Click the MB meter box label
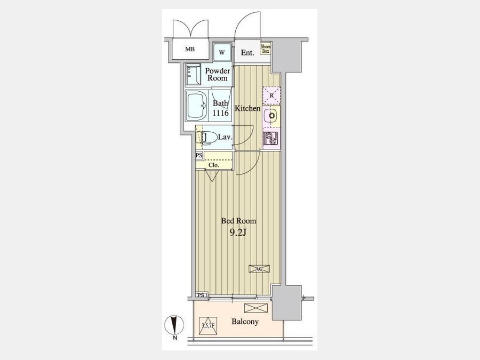(190, 49)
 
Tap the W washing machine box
(222, 52)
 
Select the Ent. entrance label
(247, 53)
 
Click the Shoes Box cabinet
(266, 49)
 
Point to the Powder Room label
(218, 74)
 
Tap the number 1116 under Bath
(221, 113)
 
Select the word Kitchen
(247, 108)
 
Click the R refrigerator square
(271, 95)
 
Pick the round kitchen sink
(271, 116)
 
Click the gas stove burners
(270, 138)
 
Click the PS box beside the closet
(199, 156)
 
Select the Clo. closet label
(214, 165)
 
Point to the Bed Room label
(238, 221)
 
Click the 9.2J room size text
(238, 233)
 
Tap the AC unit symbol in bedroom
(259, 269)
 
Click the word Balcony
(245, 322)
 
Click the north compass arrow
(174, 325)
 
